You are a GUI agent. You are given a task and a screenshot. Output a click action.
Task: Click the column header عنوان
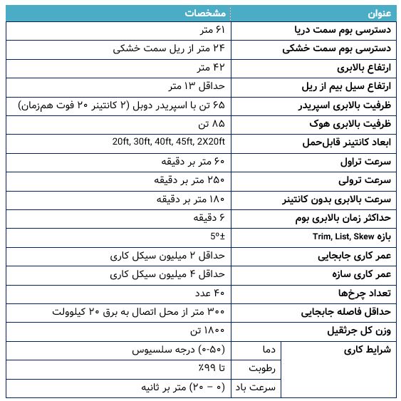[x=380, y=13]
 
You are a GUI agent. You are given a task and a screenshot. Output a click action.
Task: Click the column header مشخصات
[x=206, y=13]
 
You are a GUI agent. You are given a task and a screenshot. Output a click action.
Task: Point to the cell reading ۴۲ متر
[x=211, y=68]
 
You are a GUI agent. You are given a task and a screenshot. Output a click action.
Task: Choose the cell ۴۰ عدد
[x=209, y=293]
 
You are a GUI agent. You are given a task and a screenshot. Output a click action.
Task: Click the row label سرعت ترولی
[x=365, y=180]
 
